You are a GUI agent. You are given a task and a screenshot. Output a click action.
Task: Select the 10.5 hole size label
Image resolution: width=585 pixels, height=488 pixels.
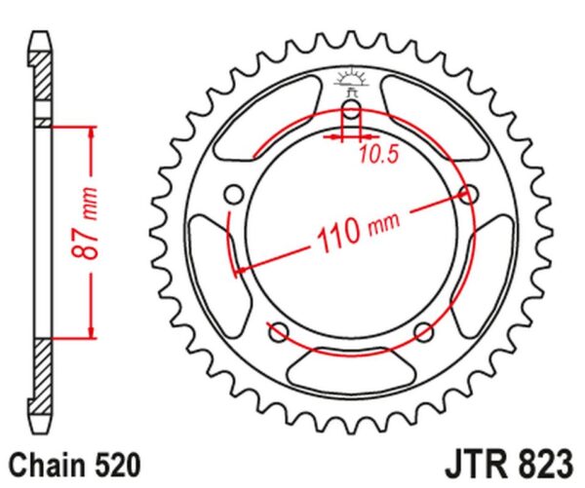379,154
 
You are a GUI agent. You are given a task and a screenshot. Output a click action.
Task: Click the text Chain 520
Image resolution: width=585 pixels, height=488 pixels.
75,466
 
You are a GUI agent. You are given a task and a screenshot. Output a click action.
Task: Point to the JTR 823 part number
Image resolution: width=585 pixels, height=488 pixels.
509,465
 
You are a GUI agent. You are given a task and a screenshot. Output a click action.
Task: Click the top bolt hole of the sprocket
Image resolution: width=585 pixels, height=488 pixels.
351,109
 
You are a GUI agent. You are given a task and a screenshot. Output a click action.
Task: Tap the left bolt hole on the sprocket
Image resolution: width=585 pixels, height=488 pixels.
234,194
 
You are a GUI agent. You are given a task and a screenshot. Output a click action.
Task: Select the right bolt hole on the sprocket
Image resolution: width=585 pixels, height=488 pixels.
469,194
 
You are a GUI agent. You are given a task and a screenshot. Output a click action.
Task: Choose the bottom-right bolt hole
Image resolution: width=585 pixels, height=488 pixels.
424,332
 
